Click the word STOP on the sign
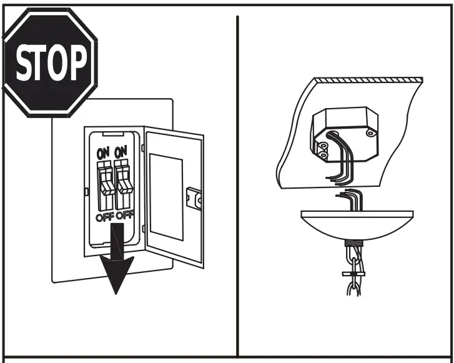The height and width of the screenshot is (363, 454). click(x=52, y=63)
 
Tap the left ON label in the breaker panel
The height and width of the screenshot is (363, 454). click(x=103, y=152)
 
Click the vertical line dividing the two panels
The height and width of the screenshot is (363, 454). click(x=237, y=187)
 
